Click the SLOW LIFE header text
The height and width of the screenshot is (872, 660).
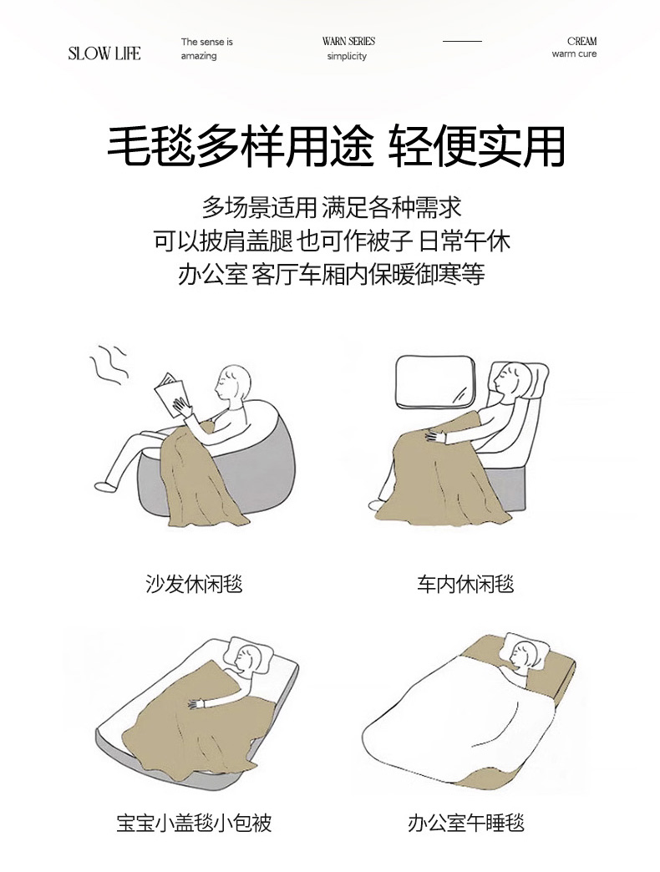tap(104, 53)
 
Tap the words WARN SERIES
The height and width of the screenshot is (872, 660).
tap(348, 41)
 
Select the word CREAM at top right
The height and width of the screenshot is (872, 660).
tap(582, 41)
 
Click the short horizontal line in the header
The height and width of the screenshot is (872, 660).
tap(462, 41)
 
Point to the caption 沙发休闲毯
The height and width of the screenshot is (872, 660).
tap(194, 584)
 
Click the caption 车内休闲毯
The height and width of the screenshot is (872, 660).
tap(465, 584)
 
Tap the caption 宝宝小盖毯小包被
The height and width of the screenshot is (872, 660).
tap(194, 823)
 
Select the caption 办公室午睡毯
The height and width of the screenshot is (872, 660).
tap(466, 823)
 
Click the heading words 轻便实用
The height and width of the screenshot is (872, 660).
tap(476, 146)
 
